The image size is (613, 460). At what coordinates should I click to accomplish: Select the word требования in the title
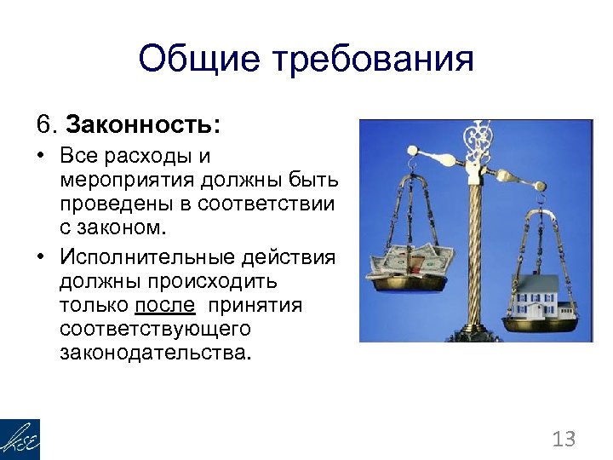click(372, 60)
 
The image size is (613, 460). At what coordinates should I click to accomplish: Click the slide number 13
click(564, 440)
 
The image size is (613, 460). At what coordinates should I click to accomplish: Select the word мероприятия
click(127, 181)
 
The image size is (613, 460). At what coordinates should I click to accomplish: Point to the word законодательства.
click(156, 352)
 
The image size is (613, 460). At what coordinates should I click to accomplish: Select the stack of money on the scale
click(409, 262)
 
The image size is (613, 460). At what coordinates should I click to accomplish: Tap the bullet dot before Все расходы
click(40, 158)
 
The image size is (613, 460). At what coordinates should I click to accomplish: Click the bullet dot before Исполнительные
click(40, 258)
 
